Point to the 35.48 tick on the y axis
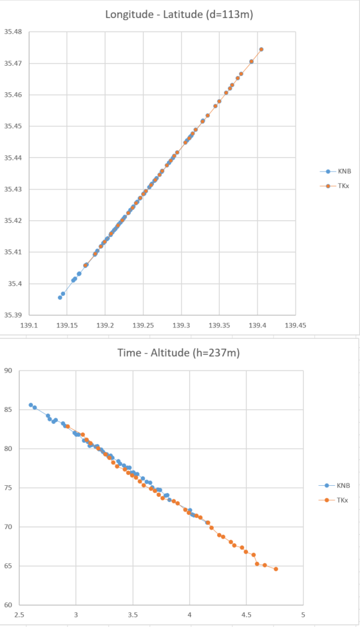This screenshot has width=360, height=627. pyautogui.click(x=13, y=32)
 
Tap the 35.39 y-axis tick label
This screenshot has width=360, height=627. pyautogui.click(x=13, y=315)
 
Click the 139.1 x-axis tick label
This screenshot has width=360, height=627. pyautogui.click(x=29, y=325)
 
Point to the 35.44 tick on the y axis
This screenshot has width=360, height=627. pyautogui.click(x=13, y=158)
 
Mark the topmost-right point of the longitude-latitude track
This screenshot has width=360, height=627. pyautogui.click(x=261, y=49)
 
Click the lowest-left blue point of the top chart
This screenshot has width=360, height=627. pyautogui.click(x=60, y=297)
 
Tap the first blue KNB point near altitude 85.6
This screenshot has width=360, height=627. pyautogui.click(x=30, y=405)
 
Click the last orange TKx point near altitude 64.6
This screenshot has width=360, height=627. pyautogui.click(x=276, y=569)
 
